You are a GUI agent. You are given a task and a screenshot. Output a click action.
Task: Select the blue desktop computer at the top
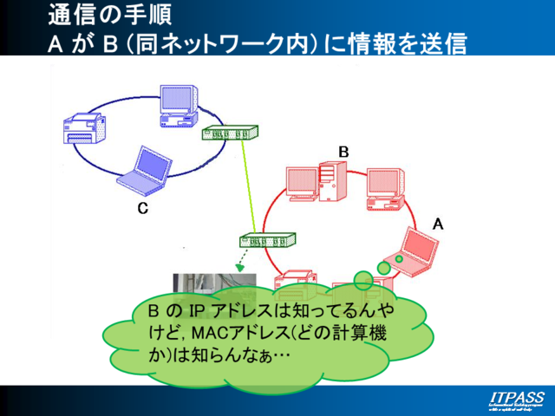tap(181, 105)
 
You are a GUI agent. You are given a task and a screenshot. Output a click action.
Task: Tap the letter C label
tap(143, 208)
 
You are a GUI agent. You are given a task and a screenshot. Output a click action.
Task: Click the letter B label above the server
tap(343, 152)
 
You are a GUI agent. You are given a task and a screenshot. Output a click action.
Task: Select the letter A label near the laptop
tap(438, 224)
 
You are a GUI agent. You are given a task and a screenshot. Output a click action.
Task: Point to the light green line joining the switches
tap(251, 186)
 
